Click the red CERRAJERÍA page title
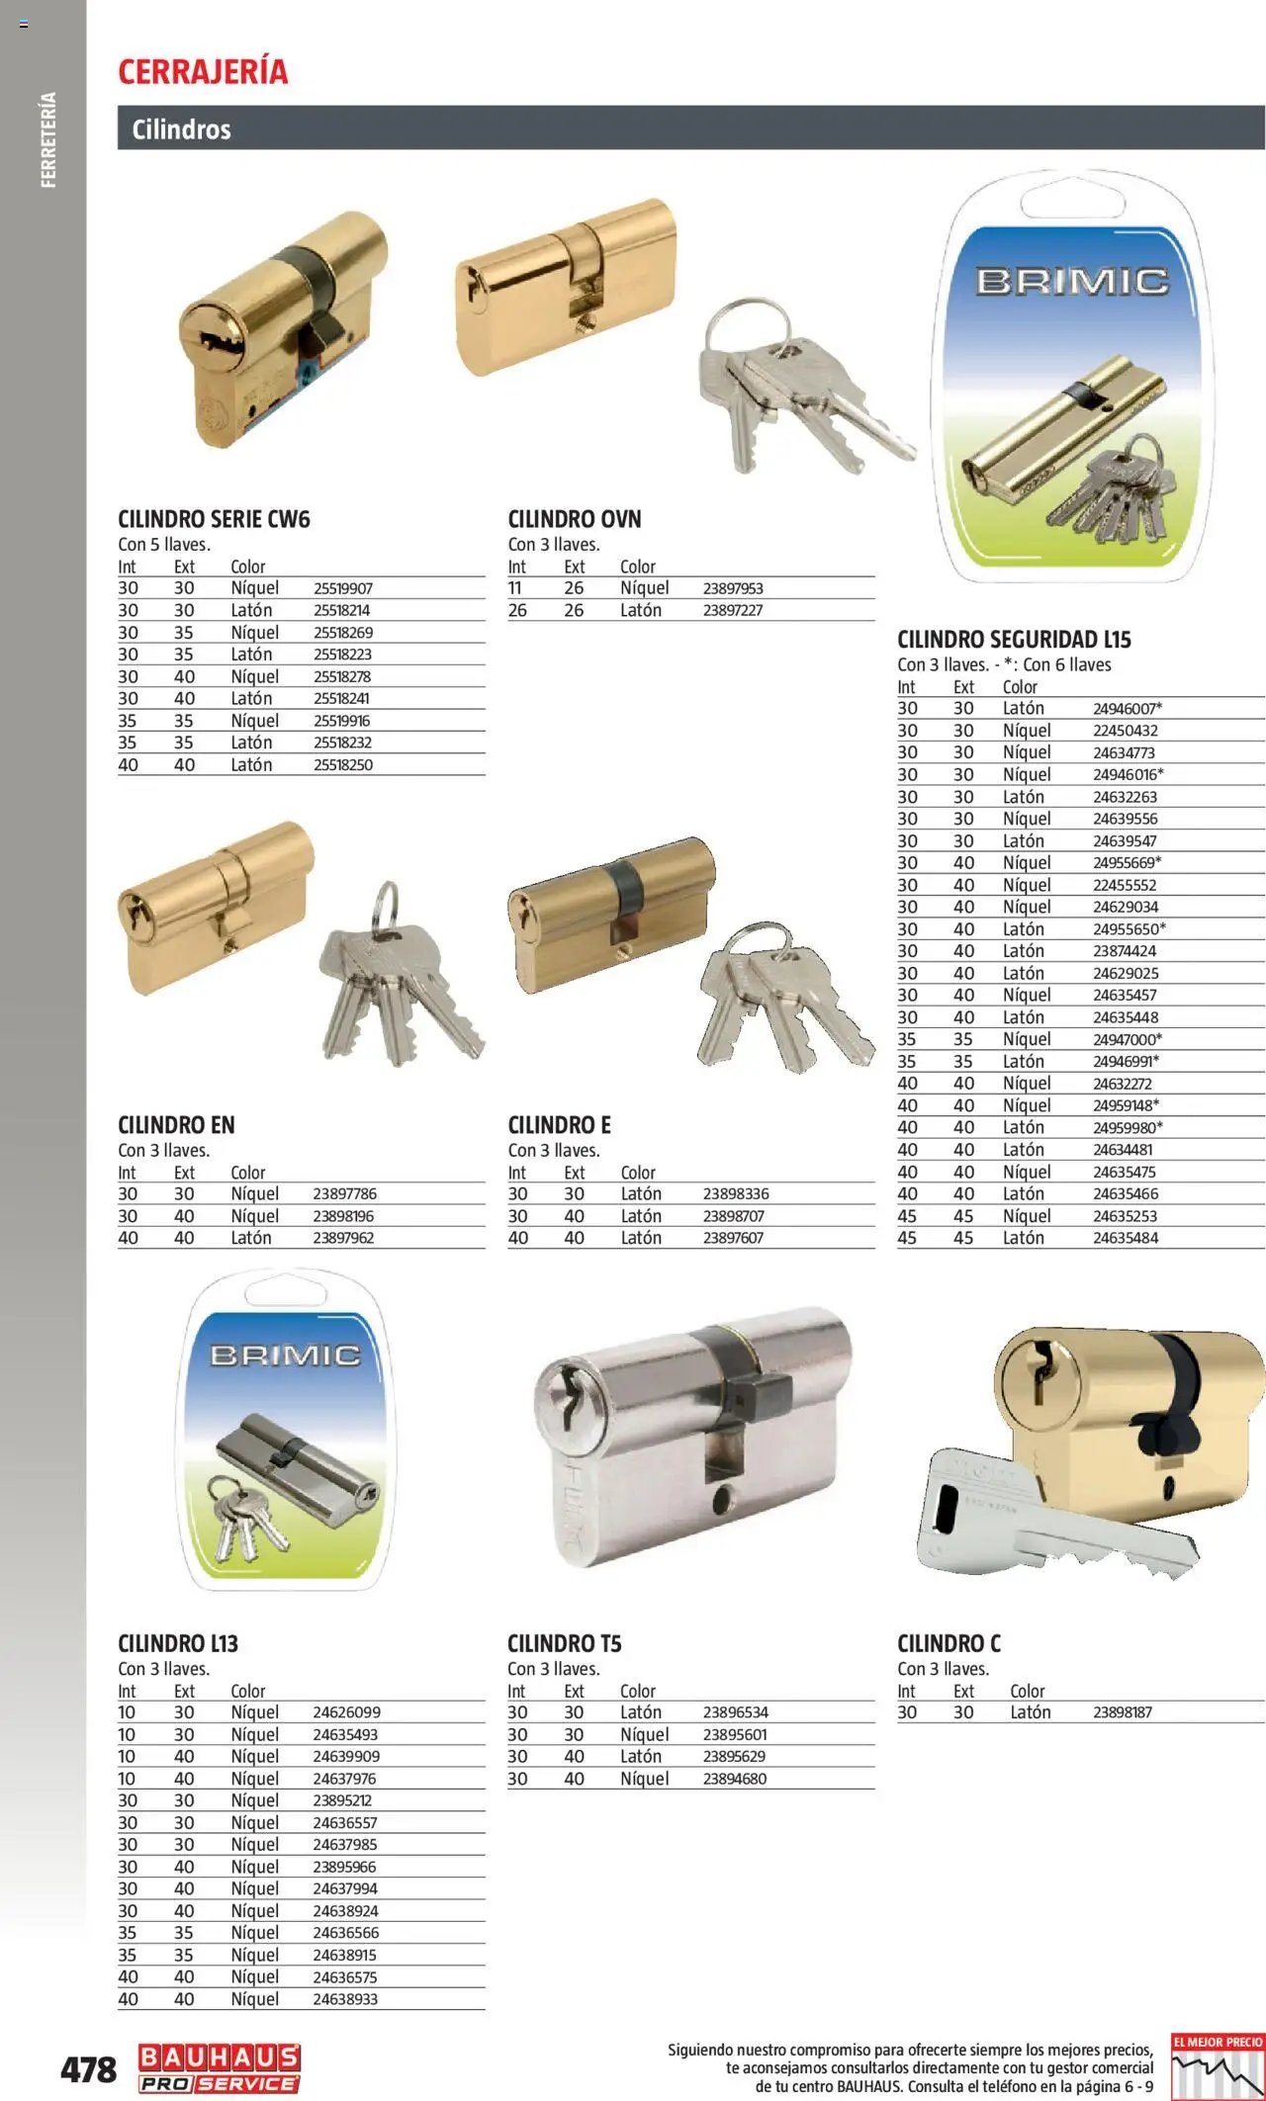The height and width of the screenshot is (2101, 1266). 203,71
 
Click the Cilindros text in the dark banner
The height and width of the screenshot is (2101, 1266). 181,130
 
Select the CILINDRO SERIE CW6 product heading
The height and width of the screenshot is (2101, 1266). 214,519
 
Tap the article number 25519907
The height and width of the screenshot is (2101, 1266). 343,588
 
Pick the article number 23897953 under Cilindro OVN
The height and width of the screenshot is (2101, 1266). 733,588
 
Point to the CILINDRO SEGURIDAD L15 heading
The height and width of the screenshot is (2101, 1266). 1014,640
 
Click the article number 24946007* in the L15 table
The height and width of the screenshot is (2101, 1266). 1128,709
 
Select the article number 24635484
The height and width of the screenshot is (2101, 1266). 1126,1238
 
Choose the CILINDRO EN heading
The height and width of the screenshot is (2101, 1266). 176,1125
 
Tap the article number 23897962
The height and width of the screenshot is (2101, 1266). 343,1238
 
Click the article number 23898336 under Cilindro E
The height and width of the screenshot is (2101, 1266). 736,1194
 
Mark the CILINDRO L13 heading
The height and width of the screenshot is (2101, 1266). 178,1643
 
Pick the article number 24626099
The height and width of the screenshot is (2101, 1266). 346,1712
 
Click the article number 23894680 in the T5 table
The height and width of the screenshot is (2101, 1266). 735,1779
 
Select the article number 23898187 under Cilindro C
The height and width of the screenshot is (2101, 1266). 1123,1712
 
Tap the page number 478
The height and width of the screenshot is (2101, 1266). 88,2068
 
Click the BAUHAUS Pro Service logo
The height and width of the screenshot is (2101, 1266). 219,2068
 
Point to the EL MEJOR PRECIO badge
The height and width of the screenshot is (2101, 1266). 1217,2064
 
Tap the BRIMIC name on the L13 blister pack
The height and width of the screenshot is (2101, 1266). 285,1355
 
